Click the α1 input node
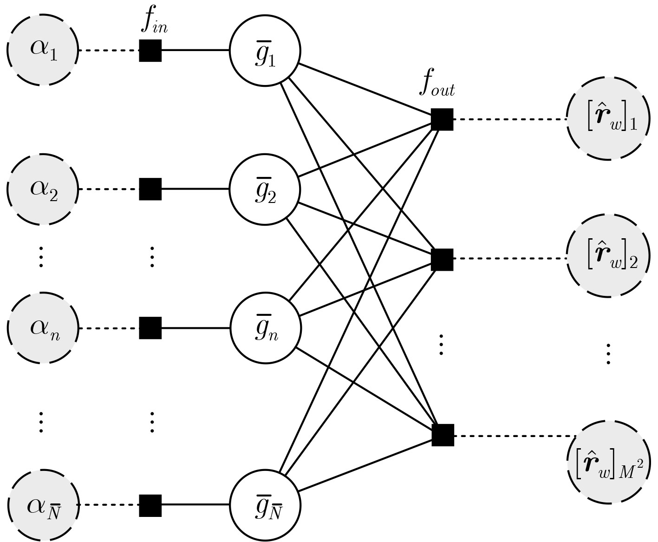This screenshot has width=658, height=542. click(42, 50)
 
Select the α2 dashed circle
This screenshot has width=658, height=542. click(42, 189)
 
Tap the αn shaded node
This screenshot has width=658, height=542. click(42, 328)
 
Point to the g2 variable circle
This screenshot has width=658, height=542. click(265, 189)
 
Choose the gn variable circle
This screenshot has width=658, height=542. click(265, 328)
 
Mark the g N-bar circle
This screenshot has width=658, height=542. click(265, 505)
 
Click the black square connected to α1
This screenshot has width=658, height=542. click(150, 50)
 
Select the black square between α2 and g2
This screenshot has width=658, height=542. click(150, 189)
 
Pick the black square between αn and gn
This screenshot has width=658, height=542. click(150, 328)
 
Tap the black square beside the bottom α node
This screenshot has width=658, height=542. click(150, 505)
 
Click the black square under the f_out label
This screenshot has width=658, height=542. click(442, 119)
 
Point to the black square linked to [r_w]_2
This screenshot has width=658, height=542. click(442, 259)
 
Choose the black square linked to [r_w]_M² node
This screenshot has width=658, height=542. click(443, 435)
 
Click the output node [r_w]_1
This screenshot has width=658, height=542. click(607, 119)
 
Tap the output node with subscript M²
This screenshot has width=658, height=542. click(607, 463)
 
